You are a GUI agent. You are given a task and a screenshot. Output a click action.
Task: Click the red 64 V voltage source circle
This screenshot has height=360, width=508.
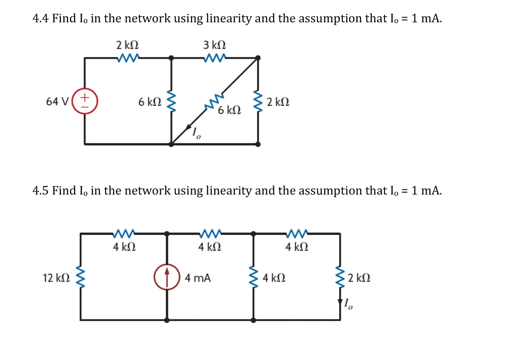point(84,102)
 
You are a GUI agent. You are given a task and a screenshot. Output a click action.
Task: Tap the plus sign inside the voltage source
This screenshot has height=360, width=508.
point(84,97)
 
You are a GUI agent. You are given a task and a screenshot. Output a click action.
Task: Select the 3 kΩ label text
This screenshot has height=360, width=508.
point(215,45)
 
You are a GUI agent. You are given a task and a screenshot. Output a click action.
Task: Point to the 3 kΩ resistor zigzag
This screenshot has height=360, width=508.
point(215,58)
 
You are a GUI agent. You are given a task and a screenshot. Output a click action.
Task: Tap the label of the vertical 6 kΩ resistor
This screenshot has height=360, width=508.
point(150,102)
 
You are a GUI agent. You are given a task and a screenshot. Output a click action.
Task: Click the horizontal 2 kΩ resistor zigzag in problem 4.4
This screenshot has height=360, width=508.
point(128,58)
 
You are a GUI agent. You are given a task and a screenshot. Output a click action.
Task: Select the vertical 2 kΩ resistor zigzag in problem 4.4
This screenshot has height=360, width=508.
point(258,101)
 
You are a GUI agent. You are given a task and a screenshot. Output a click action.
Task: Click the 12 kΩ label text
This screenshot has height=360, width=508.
point(56,278)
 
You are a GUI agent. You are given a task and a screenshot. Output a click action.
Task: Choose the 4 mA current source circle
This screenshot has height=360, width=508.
point(167,277)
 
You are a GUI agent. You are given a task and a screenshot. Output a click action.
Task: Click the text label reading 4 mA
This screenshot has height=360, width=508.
point(198,278)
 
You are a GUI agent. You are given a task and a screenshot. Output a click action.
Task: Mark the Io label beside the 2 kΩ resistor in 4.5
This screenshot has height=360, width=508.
point(348,305)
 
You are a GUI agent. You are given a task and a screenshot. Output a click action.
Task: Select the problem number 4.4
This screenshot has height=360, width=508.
point(40,19)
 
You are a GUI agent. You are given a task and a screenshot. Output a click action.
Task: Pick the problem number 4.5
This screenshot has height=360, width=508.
point(40,191)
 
